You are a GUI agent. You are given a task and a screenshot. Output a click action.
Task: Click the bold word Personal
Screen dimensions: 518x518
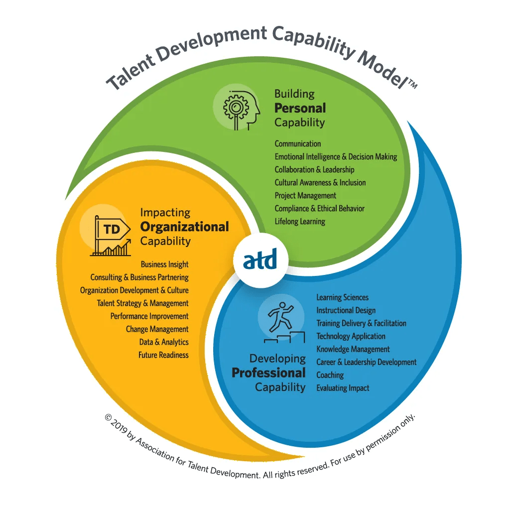[300, 108]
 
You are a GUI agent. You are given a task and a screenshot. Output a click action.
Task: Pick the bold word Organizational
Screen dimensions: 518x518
[185, 227]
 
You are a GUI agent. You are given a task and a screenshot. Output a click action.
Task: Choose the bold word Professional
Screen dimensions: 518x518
[269, 373]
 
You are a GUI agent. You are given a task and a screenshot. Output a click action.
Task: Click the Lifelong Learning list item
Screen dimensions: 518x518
[300, 221]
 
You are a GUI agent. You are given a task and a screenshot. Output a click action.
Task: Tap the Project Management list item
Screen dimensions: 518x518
[305, 195]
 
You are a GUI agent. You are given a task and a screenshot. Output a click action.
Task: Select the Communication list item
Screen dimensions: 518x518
[298, 143]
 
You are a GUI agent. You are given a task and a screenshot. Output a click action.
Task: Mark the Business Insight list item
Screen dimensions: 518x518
[164, 264]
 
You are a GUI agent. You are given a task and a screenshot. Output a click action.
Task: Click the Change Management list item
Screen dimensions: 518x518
[157, 329]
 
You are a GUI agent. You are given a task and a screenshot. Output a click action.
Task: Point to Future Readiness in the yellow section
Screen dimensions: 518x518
[163, 355]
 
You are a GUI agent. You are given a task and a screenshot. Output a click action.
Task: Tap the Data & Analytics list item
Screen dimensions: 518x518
[164, 342]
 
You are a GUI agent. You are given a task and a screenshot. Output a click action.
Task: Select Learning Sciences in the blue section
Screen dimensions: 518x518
[343, 297]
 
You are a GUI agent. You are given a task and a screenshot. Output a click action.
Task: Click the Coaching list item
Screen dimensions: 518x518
[330, 375]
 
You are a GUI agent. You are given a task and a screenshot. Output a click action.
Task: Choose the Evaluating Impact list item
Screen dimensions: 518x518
[343, 388]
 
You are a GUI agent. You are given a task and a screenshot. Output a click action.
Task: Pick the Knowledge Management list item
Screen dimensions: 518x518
[353, 349]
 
